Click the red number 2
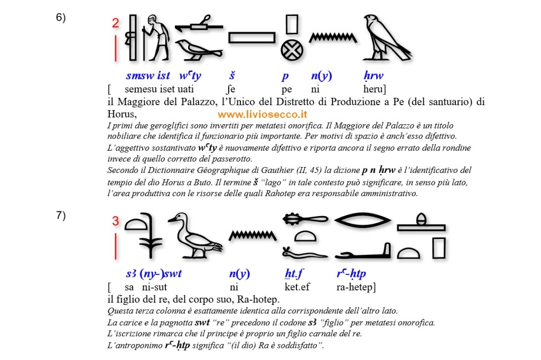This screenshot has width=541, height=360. (x=115, y=23)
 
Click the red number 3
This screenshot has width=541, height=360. (x=116, y=221)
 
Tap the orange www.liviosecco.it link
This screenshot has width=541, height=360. (x=263, y=114)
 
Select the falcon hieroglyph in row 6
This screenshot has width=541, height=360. (x=385, y=38)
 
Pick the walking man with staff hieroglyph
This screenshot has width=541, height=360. (x=157, y=38)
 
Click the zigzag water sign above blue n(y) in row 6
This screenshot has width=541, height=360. (x=332, y=38)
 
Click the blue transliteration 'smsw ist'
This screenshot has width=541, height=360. (x=148, y=76)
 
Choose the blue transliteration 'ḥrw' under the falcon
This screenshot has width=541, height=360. (x=374, y=76)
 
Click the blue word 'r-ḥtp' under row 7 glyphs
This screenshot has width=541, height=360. (x=351, y=274)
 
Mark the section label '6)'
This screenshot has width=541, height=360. (x=61, y=17)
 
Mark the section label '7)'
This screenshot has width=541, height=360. (x=61, y=215)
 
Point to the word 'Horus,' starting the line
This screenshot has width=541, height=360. (x=122, y=113)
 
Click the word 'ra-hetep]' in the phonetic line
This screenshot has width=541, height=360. (x=356, y=287)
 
